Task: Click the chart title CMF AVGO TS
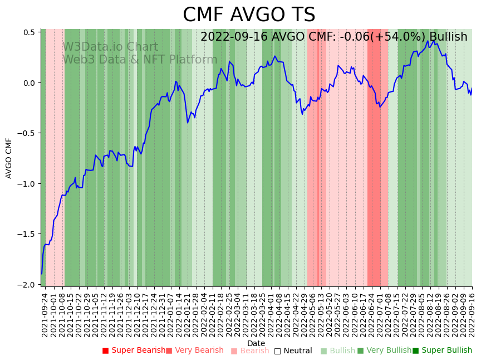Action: (x=249, y=15)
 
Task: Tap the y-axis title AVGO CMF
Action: (x=9, y=158)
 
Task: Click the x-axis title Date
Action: (x=256, y=343)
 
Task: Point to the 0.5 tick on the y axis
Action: (x=30, y=32)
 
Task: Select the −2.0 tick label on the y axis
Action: (x=27, y=285)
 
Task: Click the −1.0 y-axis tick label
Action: (x=27, y=184)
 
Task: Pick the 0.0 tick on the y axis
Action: (x=30, y=83)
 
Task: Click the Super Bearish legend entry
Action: (x=134, y=351)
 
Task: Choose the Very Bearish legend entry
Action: (x=195, y=351)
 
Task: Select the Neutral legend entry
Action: (x=293, y=351)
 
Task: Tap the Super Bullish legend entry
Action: (x=443, y=351)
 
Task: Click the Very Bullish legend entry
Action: (x=385, y=351)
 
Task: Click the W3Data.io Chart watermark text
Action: (x=110, y=47)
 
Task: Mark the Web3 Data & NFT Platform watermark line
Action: (x=140, y=60)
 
